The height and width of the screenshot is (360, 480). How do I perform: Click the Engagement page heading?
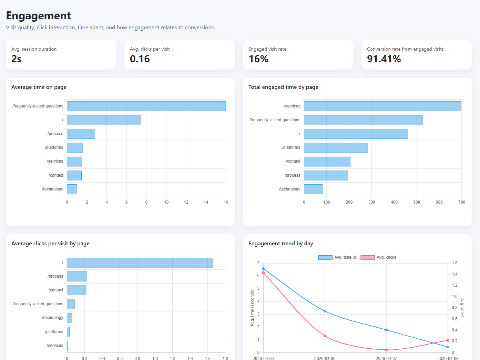click(39, 16)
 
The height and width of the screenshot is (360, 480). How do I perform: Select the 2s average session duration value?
click(17, 59)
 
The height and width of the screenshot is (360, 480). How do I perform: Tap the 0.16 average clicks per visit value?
click(140, 59)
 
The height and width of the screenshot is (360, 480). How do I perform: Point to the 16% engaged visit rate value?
click(258, 59)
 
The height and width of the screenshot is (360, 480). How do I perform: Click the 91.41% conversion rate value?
click(384, 59)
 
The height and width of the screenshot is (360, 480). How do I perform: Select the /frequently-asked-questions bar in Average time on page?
click(146, 106)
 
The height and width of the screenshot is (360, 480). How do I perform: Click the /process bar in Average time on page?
click(81, 134)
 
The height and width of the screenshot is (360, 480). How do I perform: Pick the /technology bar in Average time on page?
click(72, 189)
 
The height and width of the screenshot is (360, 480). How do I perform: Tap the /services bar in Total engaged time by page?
click(382, 106)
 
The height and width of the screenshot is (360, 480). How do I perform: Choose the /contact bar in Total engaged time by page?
click(327, 162)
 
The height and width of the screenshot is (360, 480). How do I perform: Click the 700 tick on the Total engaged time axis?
click(462, 202)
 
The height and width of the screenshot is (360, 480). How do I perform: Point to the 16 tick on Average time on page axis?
click(226, 202)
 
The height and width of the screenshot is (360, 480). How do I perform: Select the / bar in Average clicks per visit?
click(140, 263)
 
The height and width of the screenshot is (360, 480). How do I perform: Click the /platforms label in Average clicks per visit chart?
click(54, 332)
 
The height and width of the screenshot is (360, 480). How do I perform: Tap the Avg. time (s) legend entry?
click(338, 257)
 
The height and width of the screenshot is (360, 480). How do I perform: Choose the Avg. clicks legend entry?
click(378, 257)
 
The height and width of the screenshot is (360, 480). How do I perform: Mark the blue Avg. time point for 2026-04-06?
click(325, 311)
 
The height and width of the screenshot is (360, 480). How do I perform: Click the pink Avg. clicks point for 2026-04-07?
click(386, 350)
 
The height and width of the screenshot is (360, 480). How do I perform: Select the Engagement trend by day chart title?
click(280, 244)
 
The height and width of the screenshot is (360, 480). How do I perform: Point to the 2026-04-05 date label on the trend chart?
click(263, 358)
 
